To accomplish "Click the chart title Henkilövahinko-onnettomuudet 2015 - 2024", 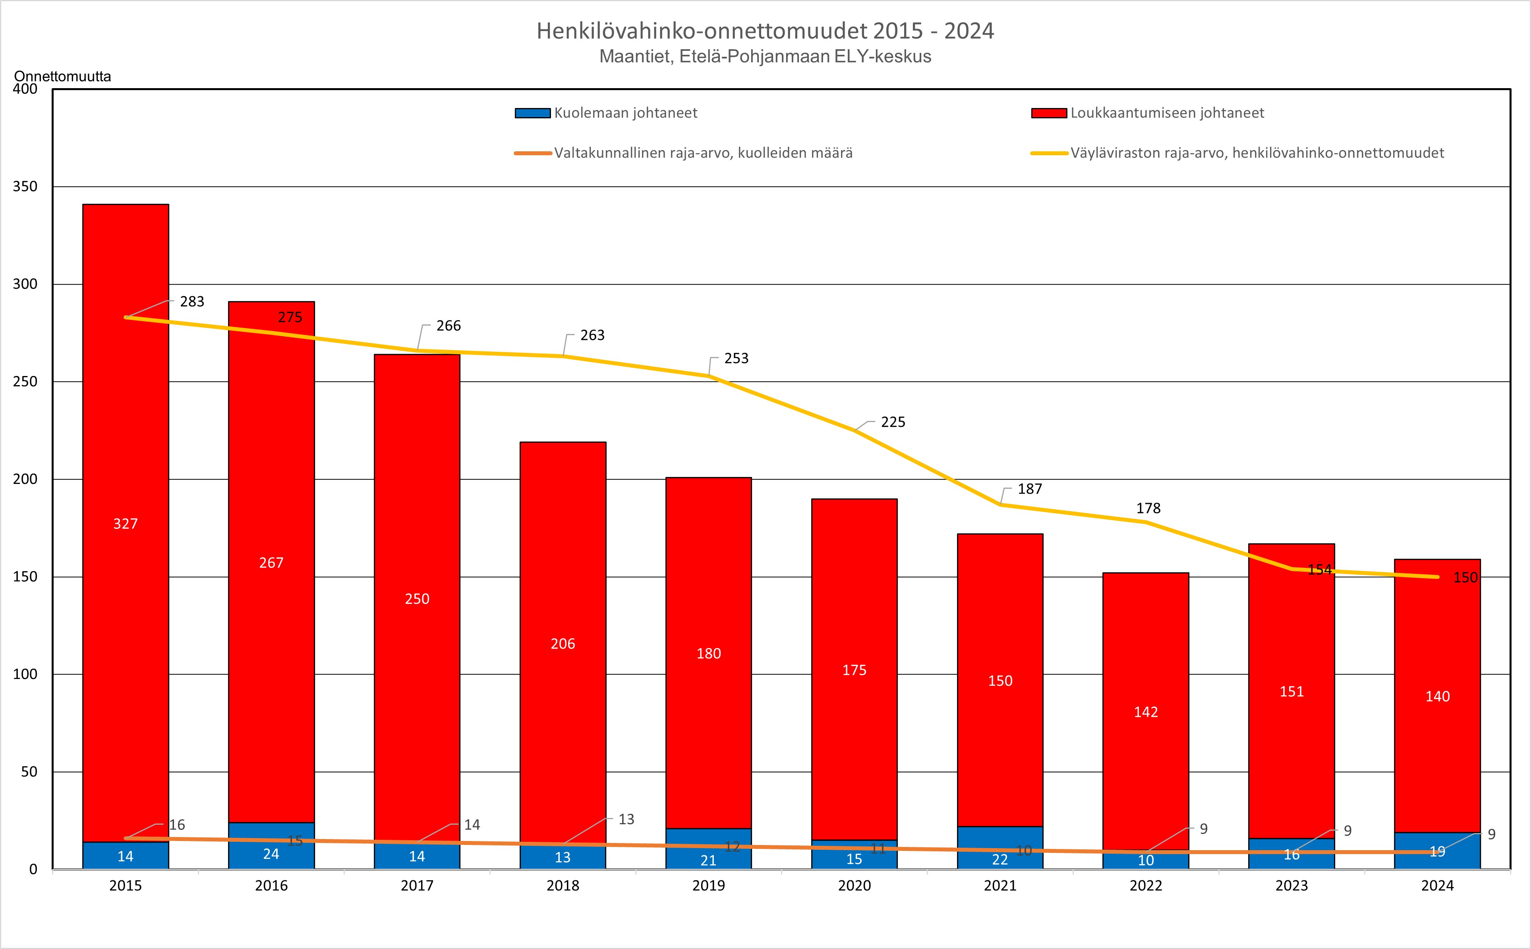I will click(765, 31).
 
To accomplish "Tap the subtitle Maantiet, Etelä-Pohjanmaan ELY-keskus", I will click(765, 56).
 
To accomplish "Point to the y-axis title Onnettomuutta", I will click(62, 77).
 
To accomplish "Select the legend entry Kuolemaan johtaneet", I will click(625, 113).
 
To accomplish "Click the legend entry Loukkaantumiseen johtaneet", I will click(1167, 113).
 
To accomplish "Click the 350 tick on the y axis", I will click(25, 186).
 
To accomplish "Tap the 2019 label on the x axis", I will click(708, 885).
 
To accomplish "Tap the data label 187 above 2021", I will click(1029, 489).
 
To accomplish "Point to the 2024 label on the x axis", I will click(1437, 885).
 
